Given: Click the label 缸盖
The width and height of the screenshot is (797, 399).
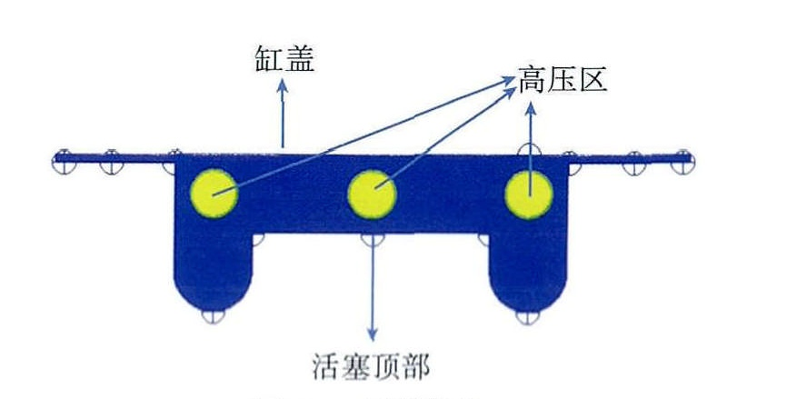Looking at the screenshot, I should tap(284, 62).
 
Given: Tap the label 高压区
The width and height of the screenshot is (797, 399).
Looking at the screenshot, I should tap(563, 81).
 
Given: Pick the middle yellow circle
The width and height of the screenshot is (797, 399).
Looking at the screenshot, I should tap(373, 192).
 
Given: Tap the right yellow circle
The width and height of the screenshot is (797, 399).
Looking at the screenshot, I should tap(529, 195).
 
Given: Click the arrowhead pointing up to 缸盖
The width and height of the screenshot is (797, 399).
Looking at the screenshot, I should tap(283, 85).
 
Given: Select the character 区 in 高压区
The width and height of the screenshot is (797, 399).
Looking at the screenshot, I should tap(593, 81).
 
